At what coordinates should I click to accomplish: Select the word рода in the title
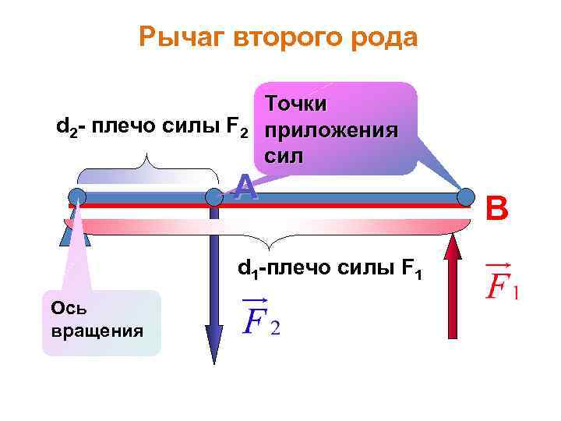coord(390,37)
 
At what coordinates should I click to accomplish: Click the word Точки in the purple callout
coord(295,104)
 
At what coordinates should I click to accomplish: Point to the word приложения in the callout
coord(332,129)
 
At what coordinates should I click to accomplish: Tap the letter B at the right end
coord(496,208)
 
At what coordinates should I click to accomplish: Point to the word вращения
coord(97,330)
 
